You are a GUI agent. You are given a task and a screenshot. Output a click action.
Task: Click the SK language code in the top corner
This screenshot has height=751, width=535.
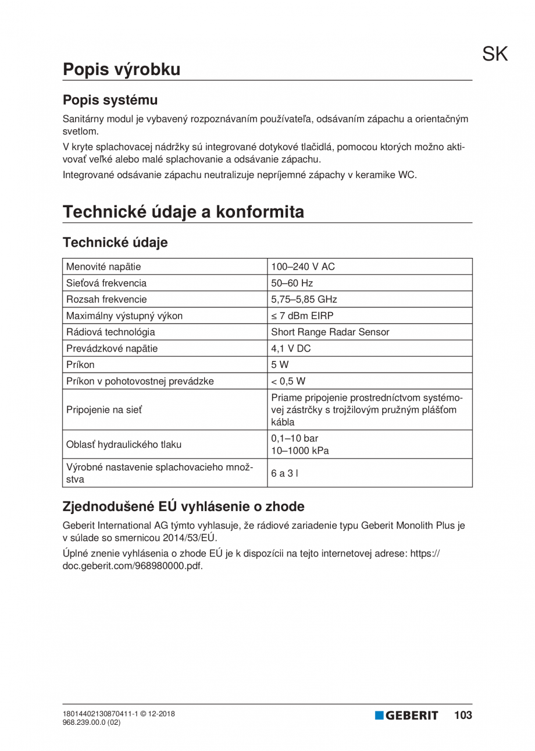coord(495,54)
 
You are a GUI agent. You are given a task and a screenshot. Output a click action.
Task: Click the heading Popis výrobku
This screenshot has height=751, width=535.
coord(122,69)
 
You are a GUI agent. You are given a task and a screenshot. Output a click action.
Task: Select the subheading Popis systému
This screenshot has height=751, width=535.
coord(110,100)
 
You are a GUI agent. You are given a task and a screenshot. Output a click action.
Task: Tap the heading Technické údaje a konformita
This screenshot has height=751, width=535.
coord(183,212)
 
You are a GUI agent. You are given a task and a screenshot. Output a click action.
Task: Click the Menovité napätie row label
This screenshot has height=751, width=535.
coord(105,267)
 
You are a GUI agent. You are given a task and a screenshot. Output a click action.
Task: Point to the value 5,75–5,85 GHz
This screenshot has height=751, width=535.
coord(304,300)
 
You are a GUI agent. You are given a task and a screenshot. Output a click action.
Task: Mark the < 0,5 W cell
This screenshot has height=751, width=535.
coord(288,381)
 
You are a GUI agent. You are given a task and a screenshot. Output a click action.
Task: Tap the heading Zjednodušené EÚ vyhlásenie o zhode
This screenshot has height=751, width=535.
coord(183,506)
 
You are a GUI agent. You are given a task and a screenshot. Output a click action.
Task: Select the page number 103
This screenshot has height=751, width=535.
coord(463,715)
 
